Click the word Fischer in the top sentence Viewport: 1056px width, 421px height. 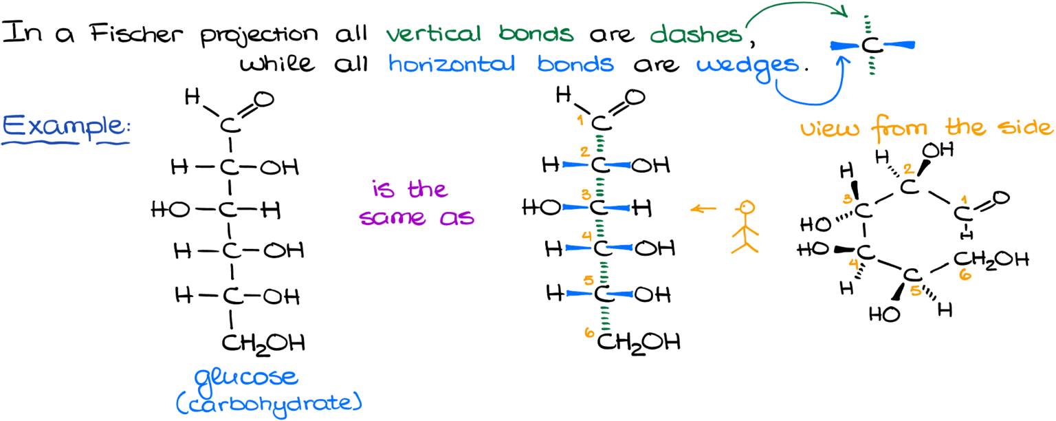136,34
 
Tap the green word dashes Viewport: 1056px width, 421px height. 696,34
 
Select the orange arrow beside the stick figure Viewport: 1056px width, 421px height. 703,208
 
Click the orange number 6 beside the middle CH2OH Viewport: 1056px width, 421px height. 589,333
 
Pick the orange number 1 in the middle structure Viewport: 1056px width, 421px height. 581,121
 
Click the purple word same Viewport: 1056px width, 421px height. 393,217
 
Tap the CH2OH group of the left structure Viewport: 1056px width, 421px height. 263,344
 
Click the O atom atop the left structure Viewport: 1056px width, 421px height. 263,100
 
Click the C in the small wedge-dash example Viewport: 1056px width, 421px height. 872,46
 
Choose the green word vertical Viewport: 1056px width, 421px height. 433,34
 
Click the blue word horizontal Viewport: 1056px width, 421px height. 451,64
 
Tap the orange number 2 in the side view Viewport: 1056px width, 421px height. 908,169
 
